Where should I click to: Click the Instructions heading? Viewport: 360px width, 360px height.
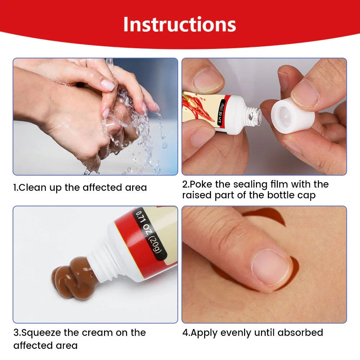[x=180, y=24]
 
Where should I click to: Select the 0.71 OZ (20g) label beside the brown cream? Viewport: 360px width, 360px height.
[x=149, y=233]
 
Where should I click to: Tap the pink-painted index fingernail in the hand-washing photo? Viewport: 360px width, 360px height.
[x=108, y=85]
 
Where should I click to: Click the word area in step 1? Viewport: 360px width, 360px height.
[x=136, y=188]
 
